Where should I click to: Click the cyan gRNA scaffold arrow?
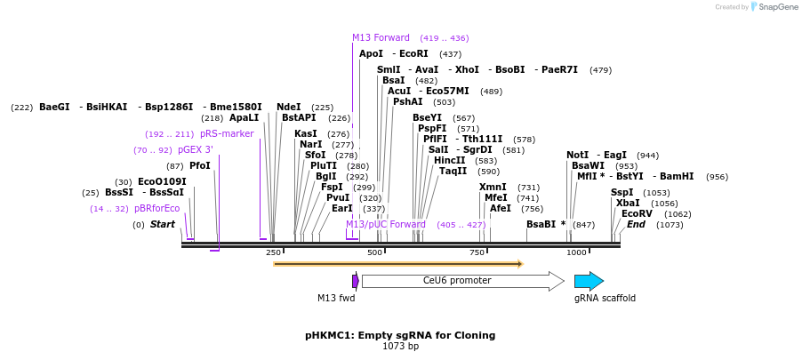pyautogui.click(x=589, y=281)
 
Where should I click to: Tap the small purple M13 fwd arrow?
pyautogui.click(x=356, y=281)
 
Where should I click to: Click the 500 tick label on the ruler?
pyautogui.click(x=374, y=253)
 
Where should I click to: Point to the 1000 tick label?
pyautogui.click(x=576, y=253)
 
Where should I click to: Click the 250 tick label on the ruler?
pyautogui.click(x=273, y=253)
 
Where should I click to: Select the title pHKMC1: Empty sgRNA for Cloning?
pyautogui.click(x=400, y=335)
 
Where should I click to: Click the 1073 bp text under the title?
pyautogui.click(x=400, y=347)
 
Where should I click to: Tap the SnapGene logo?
pyautogui.click(x=771, y=7)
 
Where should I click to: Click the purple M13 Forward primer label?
pyautogui.click(x=381, y=37)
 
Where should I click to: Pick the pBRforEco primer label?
pyautogui.click(x=156, y=208)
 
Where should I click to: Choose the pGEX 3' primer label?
pyautogui.click(x=196, y=149)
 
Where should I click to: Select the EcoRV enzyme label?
pyautogui.click(x=637, y=213)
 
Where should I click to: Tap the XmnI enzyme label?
pyautogui.click(x=493, y=187)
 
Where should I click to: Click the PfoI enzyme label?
pyautogui.click(x=200, y=165)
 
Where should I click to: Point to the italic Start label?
pyautogui.click(x=162, y=224)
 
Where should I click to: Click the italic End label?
pyautogui.click(x=636, y=224)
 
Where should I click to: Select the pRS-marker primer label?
pyautogui.click(x=227, y=133)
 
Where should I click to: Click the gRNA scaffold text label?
pyautogui.click(x=605, y=299)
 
